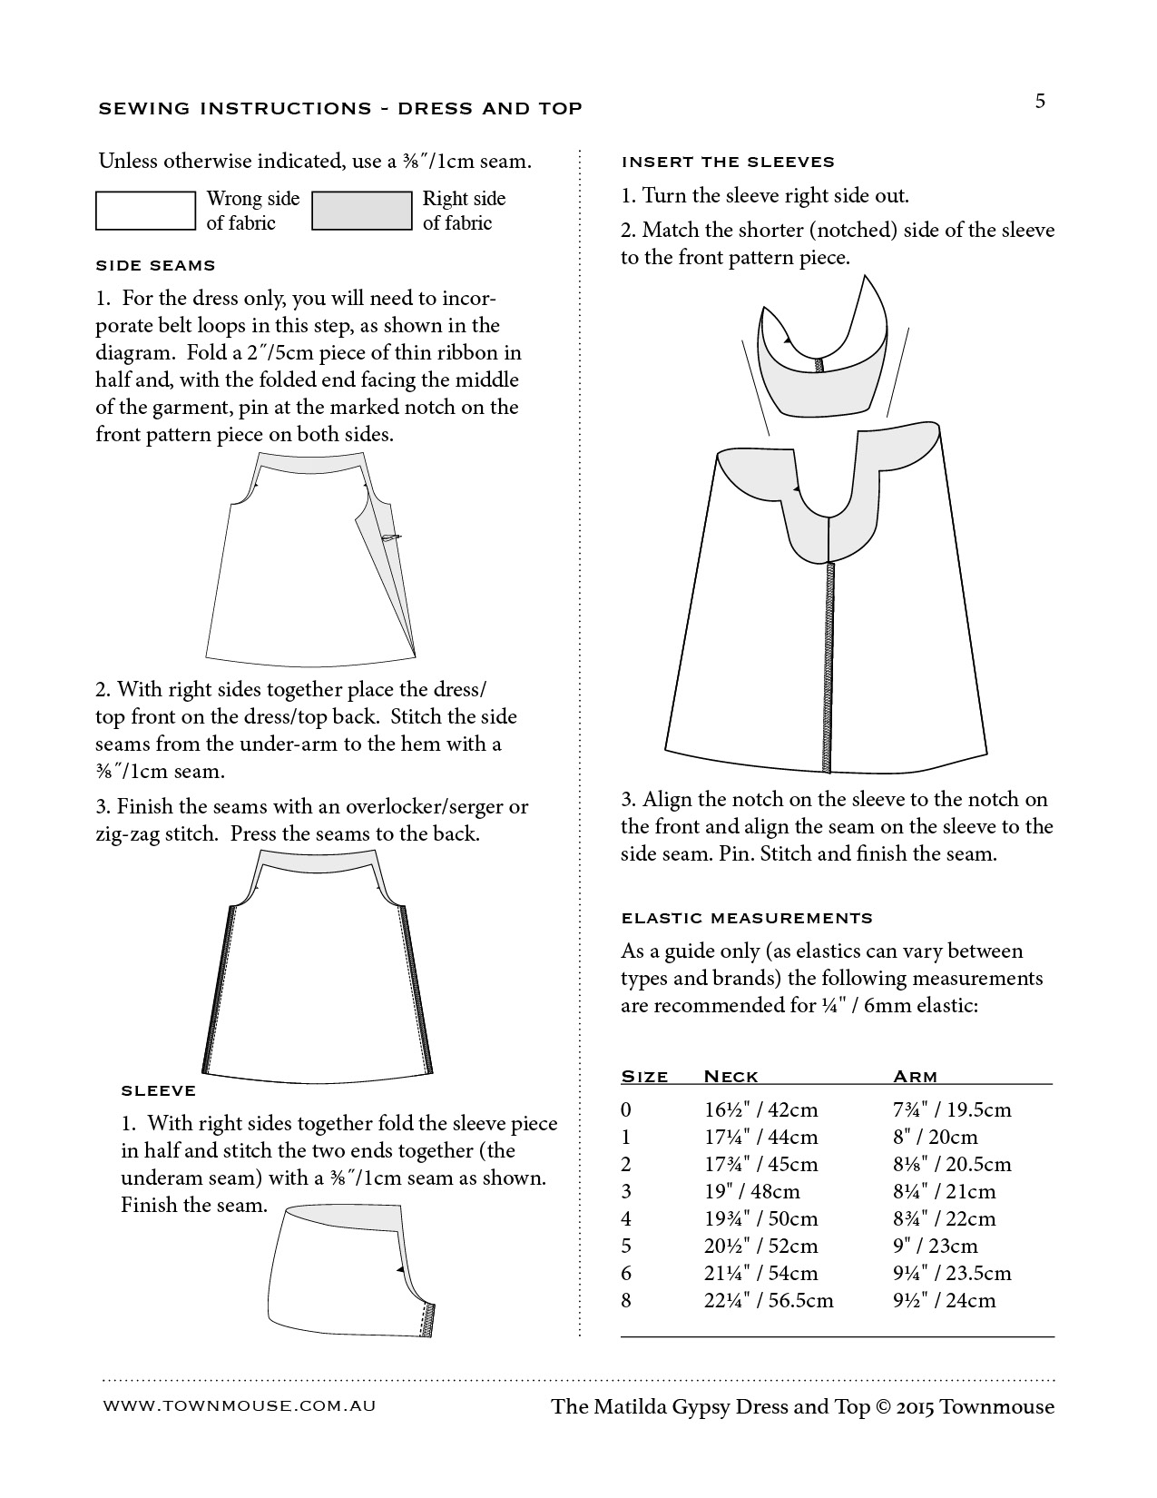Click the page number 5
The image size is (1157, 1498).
click(x=1040, y=101)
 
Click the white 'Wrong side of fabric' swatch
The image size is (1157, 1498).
click(x=145, y=211)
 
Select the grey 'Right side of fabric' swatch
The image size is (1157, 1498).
click(x=361, y=211)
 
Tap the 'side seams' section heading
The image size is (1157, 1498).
click(x=155, y=266)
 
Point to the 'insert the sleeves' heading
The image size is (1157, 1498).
click(x=727, y=163)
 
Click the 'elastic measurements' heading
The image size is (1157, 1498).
click(x=746, y=918)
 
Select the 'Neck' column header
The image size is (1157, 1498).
click(x=730, y=1077)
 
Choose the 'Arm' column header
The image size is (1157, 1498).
click(x=915, y=1077)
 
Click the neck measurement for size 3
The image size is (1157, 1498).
click(x=752, y=1191)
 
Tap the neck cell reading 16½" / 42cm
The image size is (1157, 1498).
click(x=760, y=1109)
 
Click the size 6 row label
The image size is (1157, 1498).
click(x=626, y=1273)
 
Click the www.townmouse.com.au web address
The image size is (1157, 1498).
click(x=239, y=1405)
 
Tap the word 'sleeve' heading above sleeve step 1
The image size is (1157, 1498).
click(x=158, y=1090)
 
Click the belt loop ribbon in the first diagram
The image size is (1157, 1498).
click(x=391, y=538)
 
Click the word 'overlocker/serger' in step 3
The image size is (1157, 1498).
click(x=421, y=806)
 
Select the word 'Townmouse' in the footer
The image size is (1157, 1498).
click(x=996, y=1407)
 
